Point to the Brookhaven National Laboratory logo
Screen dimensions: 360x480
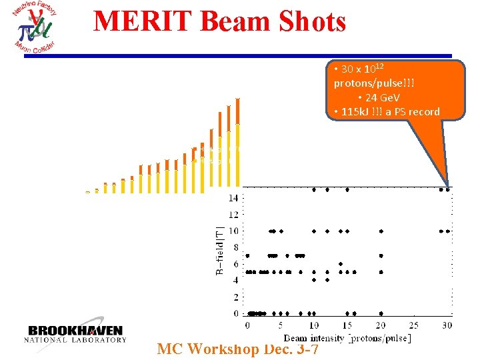(75, 333)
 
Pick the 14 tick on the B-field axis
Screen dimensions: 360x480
(233, 198)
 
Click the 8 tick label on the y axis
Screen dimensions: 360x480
(235, 247)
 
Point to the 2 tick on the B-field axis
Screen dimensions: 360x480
(235, 297)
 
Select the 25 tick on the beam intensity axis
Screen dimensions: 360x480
(413, 325)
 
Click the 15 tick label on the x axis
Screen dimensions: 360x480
(347, 325)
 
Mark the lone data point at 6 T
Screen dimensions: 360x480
(340, 264)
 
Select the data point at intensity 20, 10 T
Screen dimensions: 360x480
(381, 231)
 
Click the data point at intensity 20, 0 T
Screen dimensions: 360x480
(381, 313)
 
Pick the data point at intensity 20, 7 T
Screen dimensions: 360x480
(381, 255)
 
